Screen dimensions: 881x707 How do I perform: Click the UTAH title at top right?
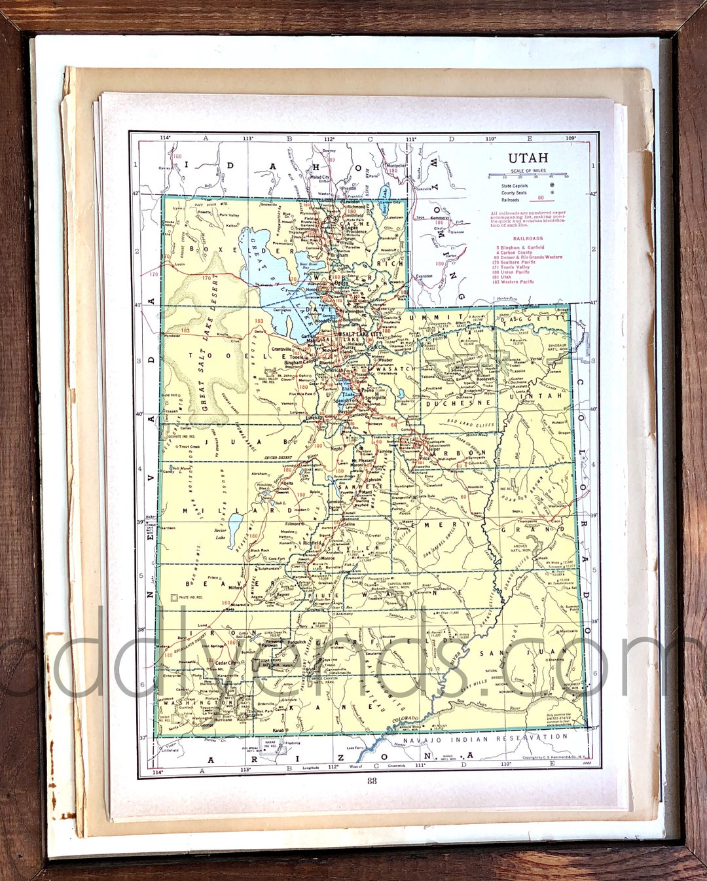pos(528,158)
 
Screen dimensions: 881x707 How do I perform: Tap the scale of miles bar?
pos(528,176)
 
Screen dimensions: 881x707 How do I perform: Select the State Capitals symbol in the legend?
pos(552,185)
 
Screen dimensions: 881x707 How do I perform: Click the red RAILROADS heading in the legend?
pos(528,239)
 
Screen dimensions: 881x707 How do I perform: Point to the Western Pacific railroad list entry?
pos(517,282)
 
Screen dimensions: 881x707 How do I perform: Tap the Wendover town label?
pos(172,336)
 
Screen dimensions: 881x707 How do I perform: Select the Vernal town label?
pos(537,359)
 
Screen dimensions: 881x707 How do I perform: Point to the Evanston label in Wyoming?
pos(425,276)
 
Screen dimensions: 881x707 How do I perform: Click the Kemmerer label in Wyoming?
pos(439,217)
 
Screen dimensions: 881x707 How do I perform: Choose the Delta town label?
pos(288,484)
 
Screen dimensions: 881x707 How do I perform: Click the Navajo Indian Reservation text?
pos(485,738)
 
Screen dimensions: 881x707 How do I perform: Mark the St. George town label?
pos(203,725)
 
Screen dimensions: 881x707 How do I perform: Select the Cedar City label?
pos(226,663)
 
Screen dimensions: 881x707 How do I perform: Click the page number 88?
pos(372,780)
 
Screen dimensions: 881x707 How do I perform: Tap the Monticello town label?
pos(568,631)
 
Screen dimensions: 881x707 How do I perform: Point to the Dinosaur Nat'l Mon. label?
pos(557,347)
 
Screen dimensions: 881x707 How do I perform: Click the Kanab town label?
pos(280,730)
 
